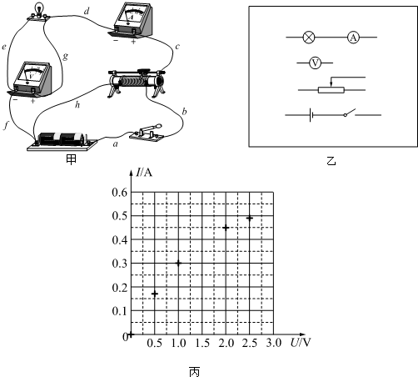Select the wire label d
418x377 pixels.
[87, 11]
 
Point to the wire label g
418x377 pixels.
[65, 57]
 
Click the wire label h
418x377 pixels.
[77, 104]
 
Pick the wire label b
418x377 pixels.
[184, 112]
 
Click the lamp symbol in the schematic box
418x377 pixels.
[309, 37]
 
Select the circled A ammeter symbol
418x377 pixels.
[353, 37]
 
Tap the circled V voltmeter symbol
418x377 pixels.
[315, 63]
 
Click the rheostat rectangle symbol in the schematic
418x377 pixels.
[331, 90]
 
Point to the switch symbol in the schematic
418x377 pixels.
[350, 113]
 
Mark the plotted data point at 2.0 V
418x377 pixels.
[226, 228]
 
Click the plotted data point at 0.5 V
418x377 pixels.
[155, 294]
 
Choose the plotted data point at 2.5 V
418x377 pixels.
[250, 219]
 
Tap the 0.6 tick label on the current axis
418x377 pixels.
[120, 192]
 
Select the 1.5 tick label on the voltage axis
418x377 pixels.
[202, 343]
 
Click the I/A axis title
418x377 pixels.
[144, 173]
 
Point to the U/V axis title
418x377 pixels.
[301, 343]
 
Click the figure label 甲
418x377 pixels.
[71, 159]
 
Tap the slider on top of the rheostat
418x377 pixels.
[144, 73]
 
